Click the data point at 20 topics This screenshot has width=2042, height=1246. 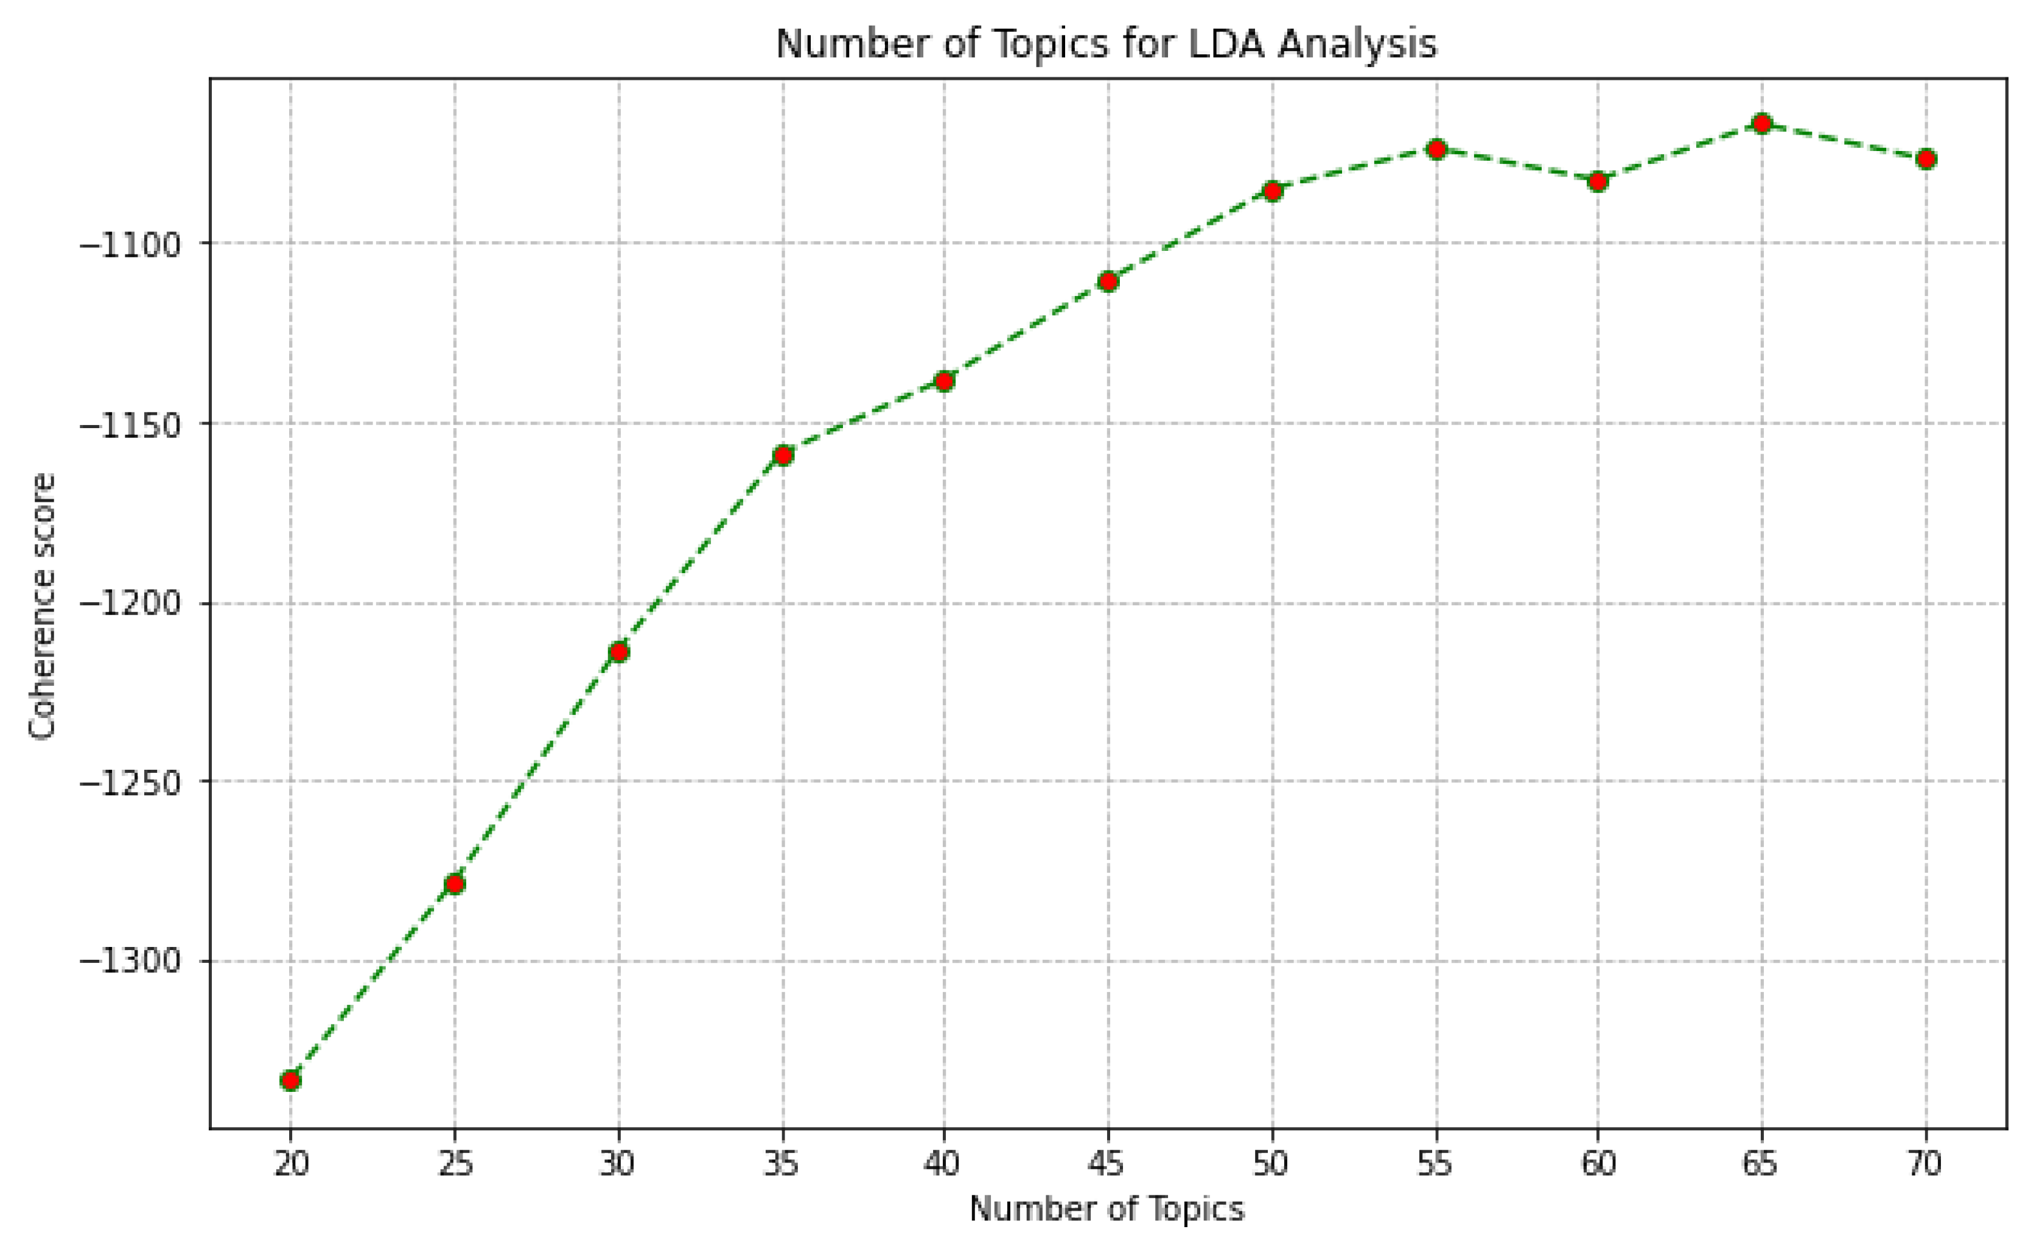[x=290, y=1080]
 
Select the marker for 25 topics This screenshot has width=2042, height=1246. [x=454, y=884]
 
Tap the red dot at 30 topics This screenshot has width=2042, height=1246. [x=618, y=652]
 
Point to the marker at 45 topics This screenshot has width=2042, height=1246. [x=1108, y=282]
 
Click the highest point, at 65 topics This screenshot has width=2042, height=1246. [x=1763, y=124]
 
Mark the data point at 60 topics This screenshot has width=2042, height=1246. [x=1598, y=181]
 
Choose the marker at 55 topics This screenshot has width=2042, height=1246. [x=1436, y=149]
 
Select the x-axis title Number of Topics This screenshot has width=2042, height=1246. [x=1107, y=1209]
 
